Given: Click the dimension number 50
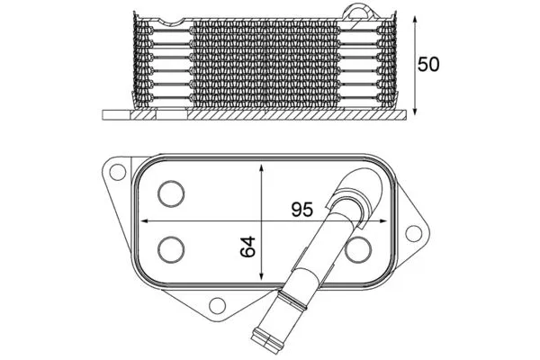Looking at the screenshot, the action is click(x=428, y=65).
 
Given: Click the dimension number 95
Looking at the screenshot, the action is click(x=302, y=209).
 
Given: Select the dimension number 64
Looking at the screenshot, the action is click(x=248, y=247).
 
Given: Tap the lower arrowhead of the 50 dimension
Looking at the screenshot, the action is click(x=415, y=111).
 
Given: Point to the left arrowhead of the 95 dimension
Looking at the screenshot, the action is click(x=145, y=220).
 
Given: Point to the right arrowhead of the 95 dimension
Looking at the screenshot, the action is click(x=383, y=220).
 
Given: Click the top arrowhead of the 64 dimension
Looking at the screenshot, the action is click(x=261, y=168).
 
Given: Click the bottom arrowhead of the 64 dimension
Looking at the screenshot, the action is click(x=261, y=275).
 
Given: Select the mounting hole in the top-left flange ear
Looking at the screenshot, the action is click(x=118, y=172).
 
